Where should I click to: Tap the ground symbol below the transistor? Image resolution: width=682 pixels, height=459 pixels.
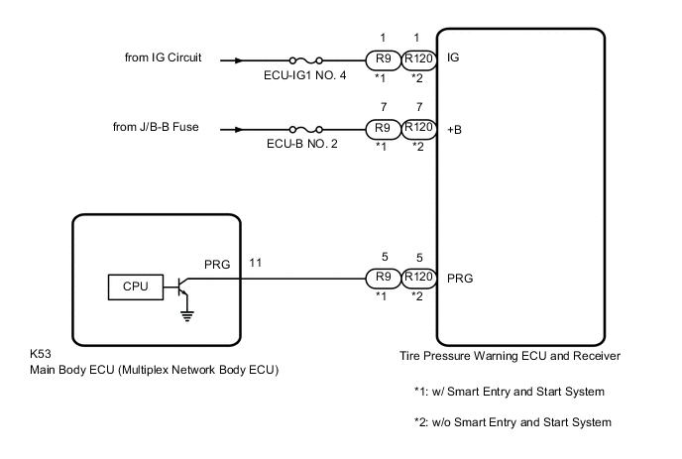pos(184,315)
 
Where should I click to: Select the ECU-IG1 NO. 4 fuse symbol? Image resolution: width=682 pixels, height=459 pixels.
pos(304,59)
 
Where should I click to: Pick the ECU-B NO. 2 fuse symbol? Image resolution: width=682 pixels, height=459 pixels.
pos(304,129)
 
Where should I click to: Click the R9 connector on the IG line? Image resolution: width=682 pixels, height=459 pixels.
pos(381,58)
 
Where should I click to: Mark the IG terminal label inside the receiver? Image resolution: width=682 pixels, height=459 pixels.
pos(455,59)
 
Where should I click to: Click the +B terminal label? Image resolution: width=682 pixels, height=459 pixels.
pos(456,129)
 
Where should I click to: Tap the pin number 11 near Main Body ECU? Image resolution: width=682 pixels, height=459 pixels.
pos(255,264)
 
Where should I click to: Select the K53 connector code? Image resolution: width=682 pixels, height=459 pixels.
pos(44,355)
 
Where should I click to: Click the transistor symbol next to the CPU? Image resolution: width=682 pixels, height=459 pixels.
pos(179,287)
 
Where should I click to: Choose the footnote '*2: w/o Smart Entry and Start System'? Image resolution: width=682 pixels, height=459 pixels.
pos(511,422)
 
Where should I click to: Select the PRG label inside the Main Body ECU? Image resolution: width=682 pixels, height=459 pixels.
pos(216,265)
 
